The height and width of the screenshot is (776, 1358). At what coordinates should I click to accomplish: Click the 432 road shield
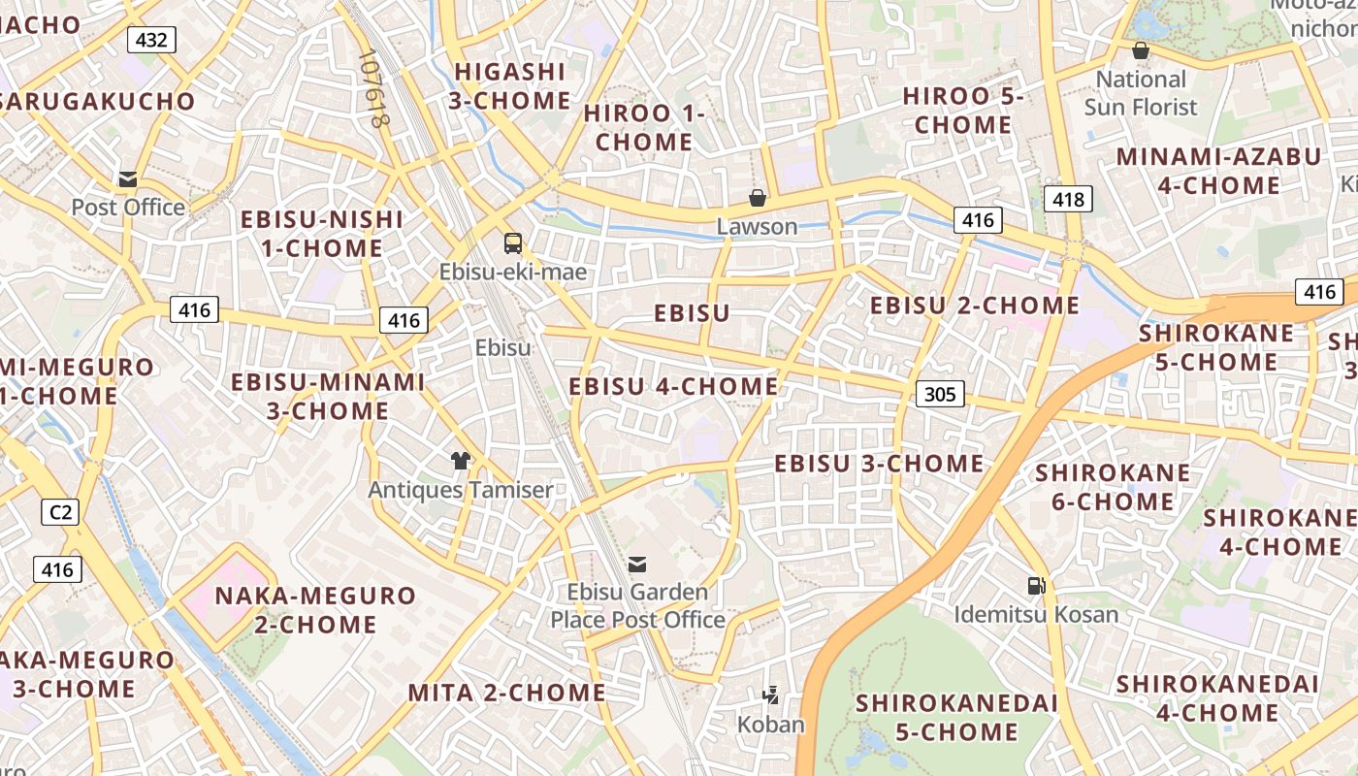152,40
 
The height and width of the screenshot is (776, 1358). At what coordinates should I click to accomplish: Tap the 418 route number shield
1068,200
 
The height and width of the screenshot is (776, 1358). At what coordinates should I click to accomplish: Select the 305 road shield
940,393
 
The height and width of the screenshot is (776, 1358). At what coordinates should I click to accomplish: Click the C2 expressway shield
60,511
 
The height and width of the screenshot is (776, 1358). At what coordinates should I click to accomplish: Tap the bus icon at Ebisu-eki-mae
513,243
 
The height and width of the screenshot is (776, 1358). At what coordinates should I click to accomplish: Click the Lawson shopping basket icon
758,199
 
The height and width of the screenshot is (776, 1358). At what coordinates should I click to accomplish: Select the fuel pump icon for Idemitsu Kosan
1036,586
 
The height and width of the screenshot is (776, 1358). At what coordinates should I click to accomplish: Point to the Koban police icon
771,695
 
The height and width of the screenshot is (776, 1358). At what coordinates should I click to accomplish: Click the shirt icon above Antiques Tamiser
460,460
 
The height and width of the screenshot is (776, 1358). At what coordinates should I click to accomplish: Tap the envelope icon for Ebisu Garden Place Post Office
637,564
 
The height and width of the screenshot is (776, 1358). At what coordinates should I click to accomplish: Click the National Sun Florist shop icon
1141,50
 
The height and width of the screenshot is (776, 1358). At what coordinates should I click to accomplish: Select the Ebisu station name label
503,347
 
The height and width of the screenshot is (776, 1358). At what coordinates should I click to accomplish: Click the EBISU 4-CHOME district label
673,387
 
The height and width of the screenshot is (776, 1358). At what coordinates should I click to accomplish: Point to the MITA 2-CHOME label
506,693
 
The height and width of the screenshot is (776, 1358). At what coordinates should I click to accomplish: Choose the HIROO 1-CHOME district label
644,127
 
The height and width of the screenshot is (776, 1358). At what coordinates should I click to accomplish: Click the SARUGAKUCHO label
97,101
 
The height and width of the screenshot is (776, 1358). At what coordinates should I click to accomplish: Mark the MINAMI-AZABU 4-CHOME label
1218,171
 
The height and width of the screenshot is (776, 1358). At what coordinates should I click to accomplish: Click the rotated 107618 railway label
372,89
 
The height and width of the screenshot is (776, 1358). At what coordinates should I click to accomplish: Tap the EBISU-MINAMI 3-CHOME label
328,396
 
